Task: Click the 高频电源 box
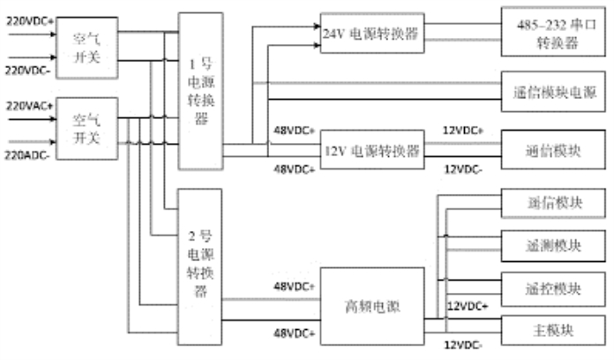pyautogui.click(x=371, y=307)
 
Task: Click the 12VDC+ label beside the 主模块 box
pyautogui.click(x=468, y=305)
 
